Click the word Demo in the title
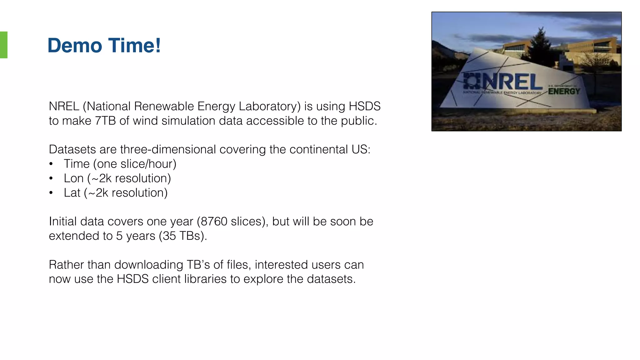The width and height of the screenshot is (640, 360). click(x=75, y=46)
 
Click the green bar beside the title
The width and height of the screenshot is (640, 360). click(x=4, y=45)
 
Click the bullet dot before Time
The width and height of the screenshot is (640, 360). click(x=51, y=164)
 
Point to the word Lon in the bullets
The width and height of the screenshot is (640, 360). click(x=74, y=178)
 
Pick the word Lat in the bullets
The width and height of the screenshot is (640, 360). click(x=72, y=193)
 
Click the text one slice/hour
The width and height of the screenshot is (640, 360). click(x=135, y=164)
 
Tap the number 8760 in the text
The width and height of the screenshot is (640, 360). click(x=214, y=222)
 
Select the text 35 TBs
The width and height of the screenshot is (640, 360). click(x=181, y=236)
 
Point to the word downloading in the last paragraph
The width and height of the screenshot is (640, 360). click(x=149, y=265)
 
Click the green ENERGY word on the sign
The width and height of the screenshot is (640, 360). click(x=564, y=92)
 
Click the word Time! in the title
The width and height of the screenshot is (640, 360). click(x=135, y=46)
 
